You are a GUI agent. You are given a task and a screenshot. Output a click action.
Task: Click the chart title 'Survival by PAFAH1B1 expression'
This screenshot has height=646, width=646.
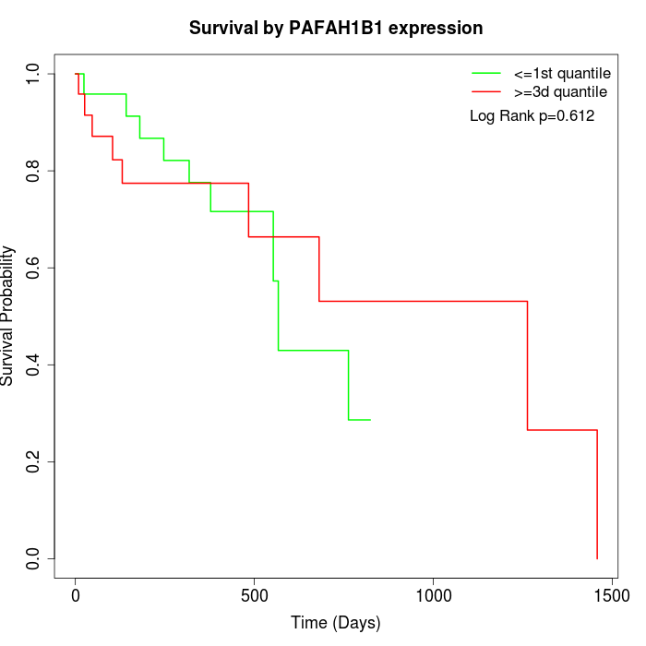click(x=336, y=28)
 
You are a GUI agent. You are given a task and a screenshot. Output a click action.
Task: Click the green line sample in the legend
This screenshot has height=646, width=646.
click(x=486, y=72)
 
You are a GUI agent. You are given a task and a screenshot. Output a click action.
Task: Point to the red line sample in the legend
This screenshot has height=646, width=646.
click(x=486, y=91)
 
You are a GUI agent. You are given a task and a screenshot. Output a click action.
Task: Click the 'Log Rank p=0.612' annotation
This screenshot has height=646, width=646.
click(x=532, y=116)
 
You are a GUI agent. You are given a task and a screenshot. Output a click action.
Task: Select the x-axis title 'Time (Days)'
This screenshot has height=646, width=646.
click(x=336, y=623)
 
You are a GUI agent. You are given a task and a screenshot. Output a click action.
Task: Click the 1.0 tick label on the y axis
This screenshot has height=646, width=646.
click(x=35, y=74)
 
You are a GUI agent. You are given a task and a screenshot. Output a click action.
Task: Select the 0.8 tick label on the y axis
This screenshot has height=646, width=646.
click(x=35, y=171)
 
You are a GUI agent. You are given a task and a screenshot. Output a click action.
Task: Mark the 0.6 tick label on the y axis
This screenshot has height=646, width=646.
click(x=35, y=268)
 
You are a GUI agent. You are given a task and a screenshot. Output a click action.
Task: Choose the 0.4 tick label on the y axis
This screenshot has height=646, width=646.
click(x=35, y=365)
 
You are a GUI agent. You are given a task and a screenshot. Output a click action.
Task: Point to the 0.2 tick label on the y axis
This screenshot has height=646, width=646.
click(x=35, y=461)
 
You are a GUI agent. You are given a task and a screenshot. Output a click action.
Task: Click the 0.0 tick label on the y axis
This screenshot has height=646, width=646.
click(x=35, y=558)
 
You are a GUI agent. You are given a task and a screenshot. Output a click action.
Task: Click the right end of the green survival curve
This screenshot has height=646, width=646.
click(x=369, y=420)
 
